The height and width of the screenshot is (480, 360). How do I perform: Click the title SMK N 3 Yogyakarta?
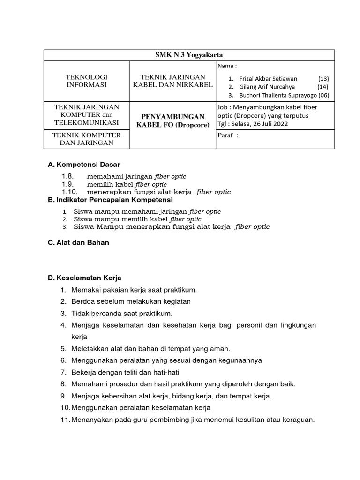point(189,55)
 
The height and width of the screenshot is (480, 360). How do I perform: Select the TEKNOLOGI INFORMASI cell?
point(86,81)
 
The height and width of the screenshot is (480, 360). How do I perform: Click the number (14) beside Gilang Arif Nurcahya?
point(323,87)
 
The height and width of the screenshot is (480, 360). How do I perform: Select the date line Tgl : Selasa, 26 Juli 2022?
point(253,124)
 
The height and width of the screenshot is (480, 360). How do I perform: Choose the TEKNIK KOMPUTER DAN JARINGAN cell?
point(86,139)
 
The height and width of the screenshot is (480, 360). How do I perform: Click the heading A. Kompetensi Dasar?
point(84,165)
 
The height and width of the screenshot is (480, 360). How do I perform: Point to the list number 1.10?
point(69,192)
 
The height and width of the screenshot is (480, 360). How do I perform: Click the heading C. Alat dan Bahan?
point(79,242)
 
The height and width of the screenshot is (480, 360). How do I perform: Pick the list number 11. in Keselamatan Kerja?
point(65,420)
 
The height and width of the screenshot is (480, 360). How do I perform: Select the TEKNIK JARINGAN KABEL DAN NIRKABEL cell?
point(173,81)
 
